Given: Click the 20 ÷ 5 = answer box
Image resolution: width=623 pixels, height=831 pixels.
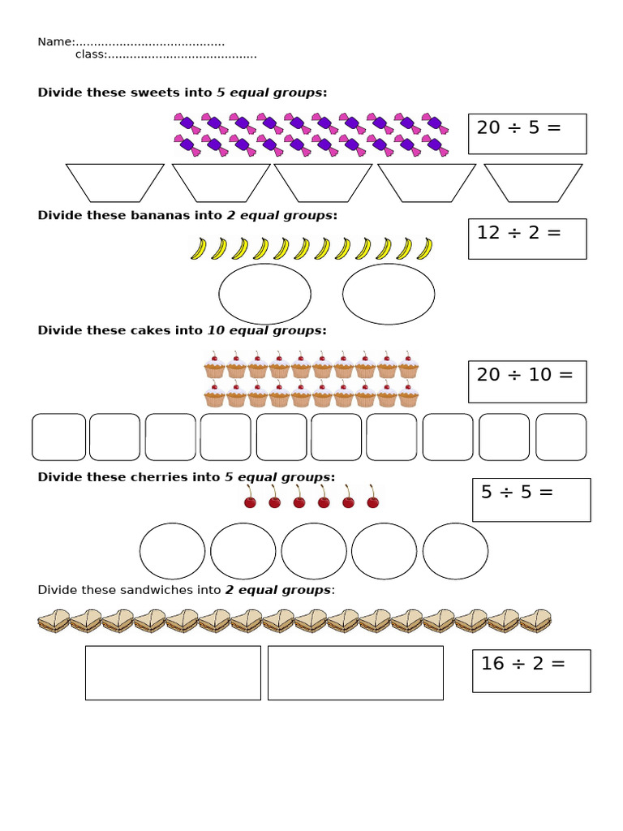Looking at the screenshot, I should pos(526,134).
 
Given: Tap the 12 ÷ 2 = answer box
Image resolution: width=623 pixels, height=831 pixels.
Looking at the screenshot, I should pos(526,239).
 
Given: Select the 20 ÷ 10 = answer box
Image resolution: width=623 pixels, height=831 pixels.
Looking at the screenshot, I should pos(526,381).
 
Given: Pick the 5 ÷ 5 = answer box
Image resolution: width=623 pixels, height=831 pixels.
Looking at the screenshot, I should pos(531,500).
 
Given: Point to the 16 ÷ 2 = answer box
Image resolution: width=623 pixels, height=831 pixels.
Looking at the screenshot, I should pos(531,670).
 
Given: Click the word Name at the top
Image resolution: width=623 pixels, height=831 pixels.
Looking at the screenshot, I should pos(55,42).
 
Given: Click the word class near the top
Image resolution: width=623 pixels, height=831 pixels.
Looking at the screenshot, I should pos(90,54).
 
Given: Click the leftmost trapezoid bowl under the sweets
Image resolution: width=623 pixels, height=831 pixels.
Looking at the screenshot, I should pos(115,183).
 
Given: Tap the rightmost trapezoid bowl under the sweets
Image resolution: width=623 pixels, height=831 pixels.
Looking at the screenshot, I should pos(533,183).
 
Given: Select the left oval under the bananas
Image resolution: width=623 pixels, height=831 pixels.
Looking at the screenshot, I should pos(264,294).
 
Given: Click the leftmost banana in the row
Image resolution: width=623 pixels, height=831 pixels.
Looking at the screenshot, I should pos(198,248).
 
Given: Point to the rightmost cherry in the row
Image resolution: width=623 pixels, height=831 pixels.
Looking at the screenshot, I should pos(372,497).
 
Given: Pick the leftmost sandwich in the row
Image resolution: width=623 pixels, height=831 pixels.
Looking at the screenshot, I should pos(54,622).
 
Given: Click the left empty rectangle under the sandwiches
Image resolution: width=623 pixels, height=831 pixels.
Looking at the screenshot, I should pos(173,673).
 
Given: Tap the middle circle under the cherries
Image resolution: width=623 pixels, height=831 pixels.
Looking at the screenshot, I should pos(314,551).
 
